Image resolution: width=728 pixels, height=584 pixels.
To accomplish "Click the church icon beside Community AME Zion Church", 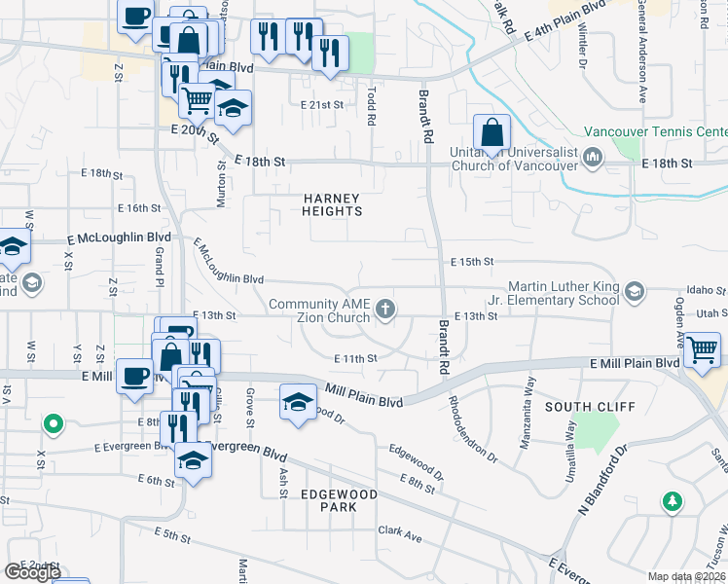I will [x=386, y=310].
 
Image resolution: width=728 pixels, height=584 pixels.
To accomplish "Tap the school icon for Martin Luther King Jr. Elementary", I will [x=635, y=292].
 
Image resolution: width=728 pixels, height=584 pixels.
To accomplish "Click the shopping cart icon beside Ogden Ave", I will [x=702, y=350].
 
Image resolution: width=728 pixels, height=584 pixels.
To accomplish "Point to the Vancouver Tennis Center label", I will [x=655, y=131].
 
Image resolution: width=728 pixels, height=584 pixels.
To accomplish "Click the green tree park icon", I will [x=672, y=501].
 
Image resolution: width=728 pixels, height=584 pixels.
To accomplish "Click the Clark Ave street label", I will [x=400, y=532].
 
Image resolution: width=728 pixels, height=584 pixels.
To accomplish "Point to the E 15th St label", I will [x=473, y=262].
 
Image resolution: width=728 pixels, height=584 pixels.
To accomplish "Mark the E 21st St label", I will [x=322, y=104].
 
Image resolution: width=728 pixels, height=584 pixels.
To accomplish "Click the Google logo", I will [x=32, y=572].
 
